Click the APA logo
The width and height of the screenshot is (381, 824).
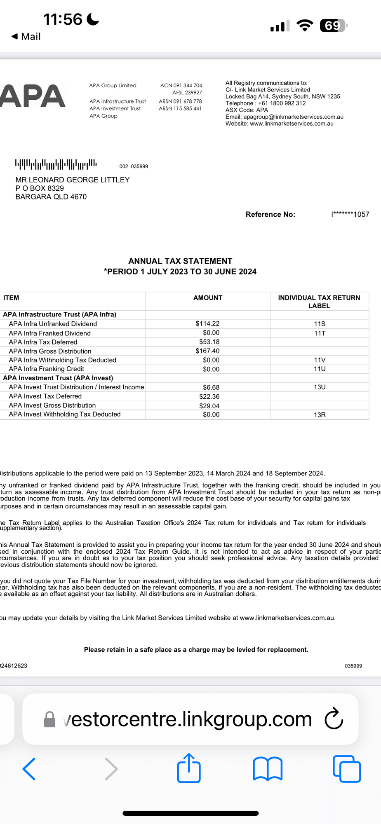click(x=33, y=96)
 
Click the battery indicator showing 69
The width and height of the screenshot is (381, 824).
click(x=333, y=26)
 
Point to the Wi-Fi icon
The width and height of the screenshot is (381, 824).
click(x=305, y=26)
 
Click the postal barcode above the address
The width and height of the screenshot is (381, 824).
click(x=56, y=164)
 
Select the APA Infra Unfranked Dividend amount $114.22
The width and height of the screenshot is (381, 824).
click(x=207, y=324)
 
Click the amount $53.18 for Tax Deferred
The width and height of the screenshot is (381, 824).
click(x=209, y=342)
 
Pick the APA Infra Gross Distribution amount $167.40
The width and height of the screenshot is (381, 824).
click(x=207, y=351)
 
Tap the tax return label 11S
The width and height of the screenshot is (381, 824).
click(x=320, y=324)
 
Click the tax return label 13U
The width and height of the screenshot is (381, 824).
click(x=320, y=387)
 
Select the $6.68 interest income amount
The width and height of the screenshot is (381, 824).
click(x=211, y=387)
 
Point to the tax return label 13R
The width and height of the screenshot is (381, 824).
click(x=320, y=414)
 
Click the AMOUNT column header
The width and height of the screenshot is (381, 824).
click(x=208, y=298)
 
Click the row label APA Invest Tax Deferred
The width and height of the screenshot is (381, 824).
click(x=45, y=396)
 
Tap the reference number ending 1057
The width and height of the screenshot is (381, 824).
click(x=350, y=214)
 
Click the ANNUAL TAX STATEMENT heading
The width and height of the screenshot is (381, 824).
click(x=180, y=261)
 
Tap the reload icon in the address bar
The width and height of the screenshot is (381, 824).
click(x=334, y=719)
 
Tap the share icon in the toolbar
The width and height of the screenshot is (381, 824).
click(x=189, y=768)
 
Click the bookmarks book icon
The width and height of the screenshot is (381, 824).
click(x=268, y=769)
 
